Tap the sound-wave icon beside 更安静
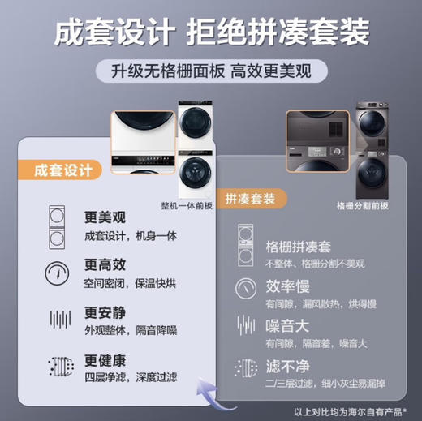58,319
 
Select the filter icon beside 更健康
58,366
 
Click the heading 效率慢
284,287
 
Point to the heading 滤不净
284,366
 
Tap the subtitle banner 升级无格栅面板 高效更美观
211,70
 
